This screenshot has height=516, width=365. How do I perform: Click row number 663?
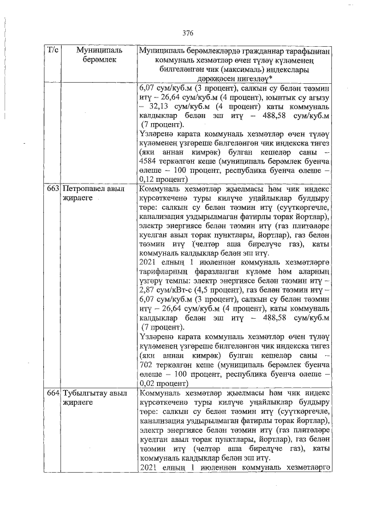pyautogui.click(x=52, y=187)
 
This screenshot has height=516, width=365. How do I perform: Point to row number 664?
pyautogui.click(x=52, y=394)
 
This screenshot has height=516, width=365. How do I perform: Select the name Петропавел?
pyautogui.click(x=84, y=187)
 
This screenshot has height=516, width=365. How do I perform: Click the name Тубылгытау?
pyautogui.click(x=85, y=394)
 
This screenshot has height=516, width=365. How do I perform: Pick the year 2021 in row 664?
pyautogui.click(x=149, y=468)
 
